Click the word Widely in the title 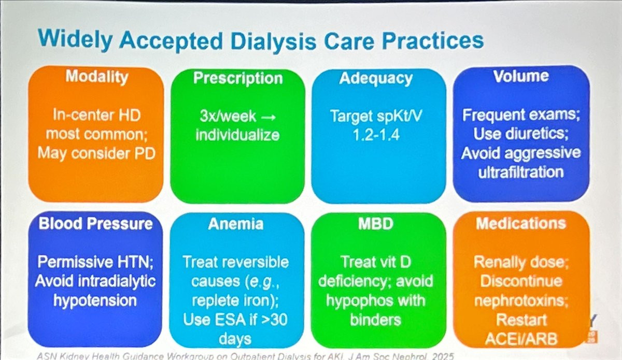click(x=75, y=40)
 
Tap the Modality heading click(x=97, y=77)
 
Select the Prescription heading click(x=238, y=78)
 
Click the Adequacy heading click(x=376, y=79)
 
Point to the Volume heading click(x=521, y=76)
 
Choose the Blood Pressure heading click(x=95, y=223)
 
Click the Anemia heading click(x=236, y=224)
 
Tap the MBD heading click(x=376, y=223)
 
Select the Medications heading click(x=521, y=223)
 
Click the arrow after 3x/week click(x=268, y=117)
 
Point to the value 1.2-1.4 click(x=376, y=135)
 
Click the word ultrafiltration click(x=521, y=172)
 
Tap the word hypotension click(x=95, y=301)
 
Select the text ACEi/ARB click(x=521, y=339)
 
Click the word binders click(x=376, y=320)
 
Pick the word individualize click(x=237, y=135)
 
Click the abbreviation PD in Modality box click(x=145, y=153)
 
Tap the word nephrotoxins click(x=521, y=300)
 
